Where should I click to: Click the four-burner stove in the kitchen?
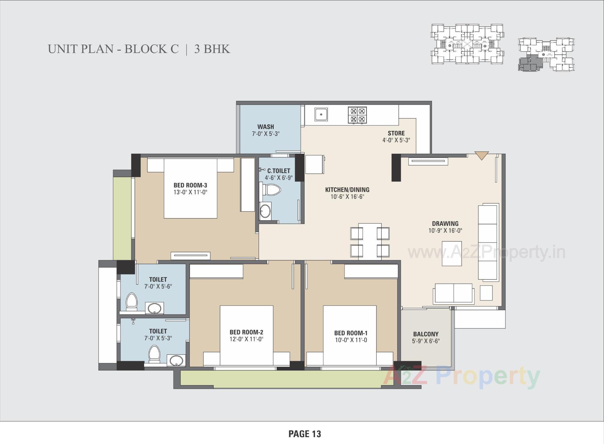pyautogui.click(x=357, y=115)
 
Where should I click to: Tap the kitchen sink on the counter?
pyautogui.click(x=321, y=114)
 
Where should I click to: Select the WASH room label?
pyautogui.click(x=266, y=127)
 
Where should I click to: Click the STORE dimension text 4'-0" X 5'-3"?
pyautogui.click(x=396, y=140)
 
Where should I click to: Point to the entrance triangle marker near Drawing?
pyautogui.click(x=482, y=155)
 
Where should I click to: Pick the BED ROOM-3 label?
pyautogui.click(x=190, y=185)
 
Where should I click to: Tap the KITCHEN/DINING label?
pyautogui.click(x=347, y=190)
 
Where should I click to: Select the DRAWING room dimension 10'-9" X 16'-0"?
pyautogui.click(x=445, y=230)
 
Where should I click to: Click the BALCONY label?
pyautogui.click(x=426, y=334)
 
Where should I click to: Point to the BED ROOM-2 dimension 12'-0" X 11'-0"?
pyautogui.click(x=246, y=339)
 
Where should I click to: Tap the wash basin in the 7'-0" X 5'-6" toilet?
pyautogui.click(x=154, y=308)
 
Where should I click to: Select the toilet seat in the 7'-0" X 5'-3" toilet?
pyautogui.click(x=154, y=353)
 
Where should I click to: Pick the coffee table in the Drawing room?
pyautogui.click(x=452, y=253)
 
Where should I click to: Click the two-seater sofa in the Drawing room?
pyautogui.click(x=453, y=293)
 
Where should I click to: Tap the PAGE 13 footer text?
pyautogui.click(x=305, y=434)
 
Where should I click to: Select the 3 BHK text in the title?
pyautogui.click(x=212, y=49)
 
